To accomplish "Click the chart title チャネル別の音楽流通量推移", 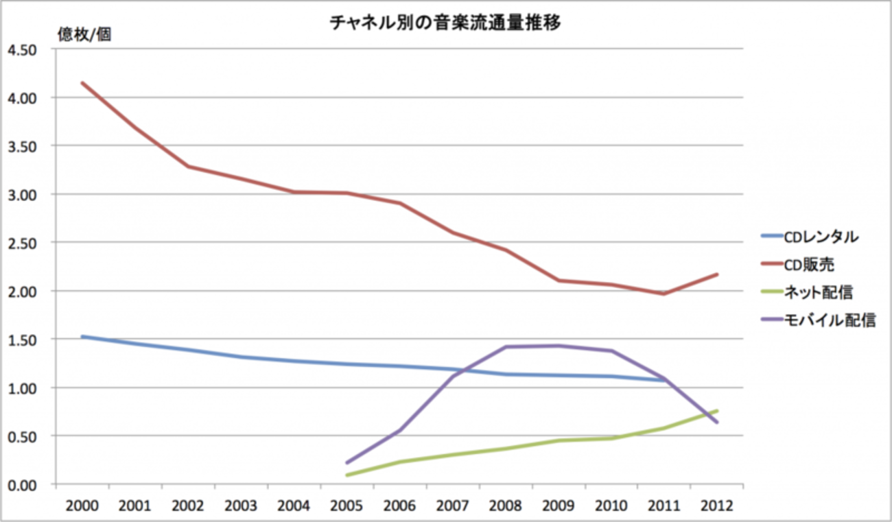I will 446,23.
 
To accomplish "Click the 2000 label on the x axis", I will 82,506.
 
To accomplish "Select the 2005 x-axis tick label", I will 347,506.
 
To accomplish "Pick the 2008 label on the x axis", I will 506,506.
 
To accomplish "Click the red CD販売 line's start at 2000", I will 82,83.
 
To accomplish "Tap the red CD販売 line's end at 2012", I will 717,274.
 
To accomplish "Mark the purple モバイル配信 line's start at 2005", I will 347,462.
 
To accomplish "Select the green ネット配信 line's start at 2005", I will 347,475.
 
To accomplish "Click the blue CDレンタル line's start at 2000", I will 82,337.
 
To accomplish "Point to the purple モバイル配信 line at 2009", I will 559,346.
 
